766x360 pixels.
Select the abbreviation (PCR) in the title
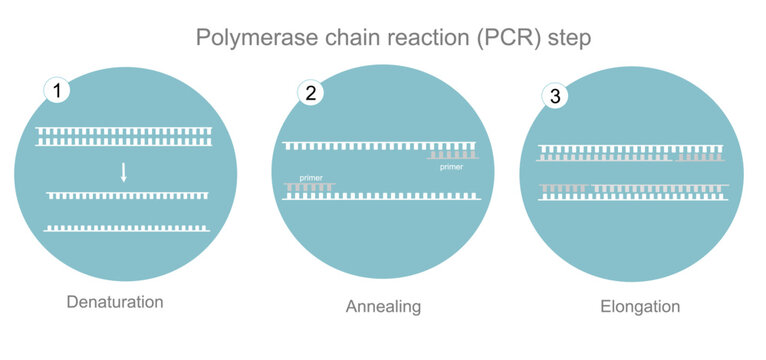coord(477,39)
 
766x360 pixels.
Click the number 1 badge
coord(59,91)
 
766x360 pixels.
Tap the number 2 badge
coord(310,94)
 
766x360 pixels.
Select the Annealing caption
coord(382,307)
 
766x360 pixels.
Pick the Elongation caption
coord(640,307)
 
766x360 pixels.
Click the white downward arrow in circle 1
coord(123,171)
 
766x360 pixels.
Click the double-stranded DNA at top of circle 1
coord(124,136)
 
